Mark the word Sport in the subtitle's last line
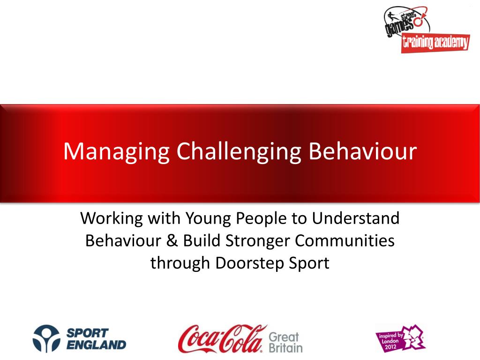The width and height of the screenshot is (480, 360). tap(307, 263)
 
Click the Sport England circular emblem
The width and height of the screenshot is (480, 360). tap(45, 338)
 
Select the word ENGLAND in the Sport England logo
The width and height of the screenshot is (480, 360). tap(96, 345)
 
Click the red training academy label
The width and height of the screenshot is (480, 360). tap(435, 44)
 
